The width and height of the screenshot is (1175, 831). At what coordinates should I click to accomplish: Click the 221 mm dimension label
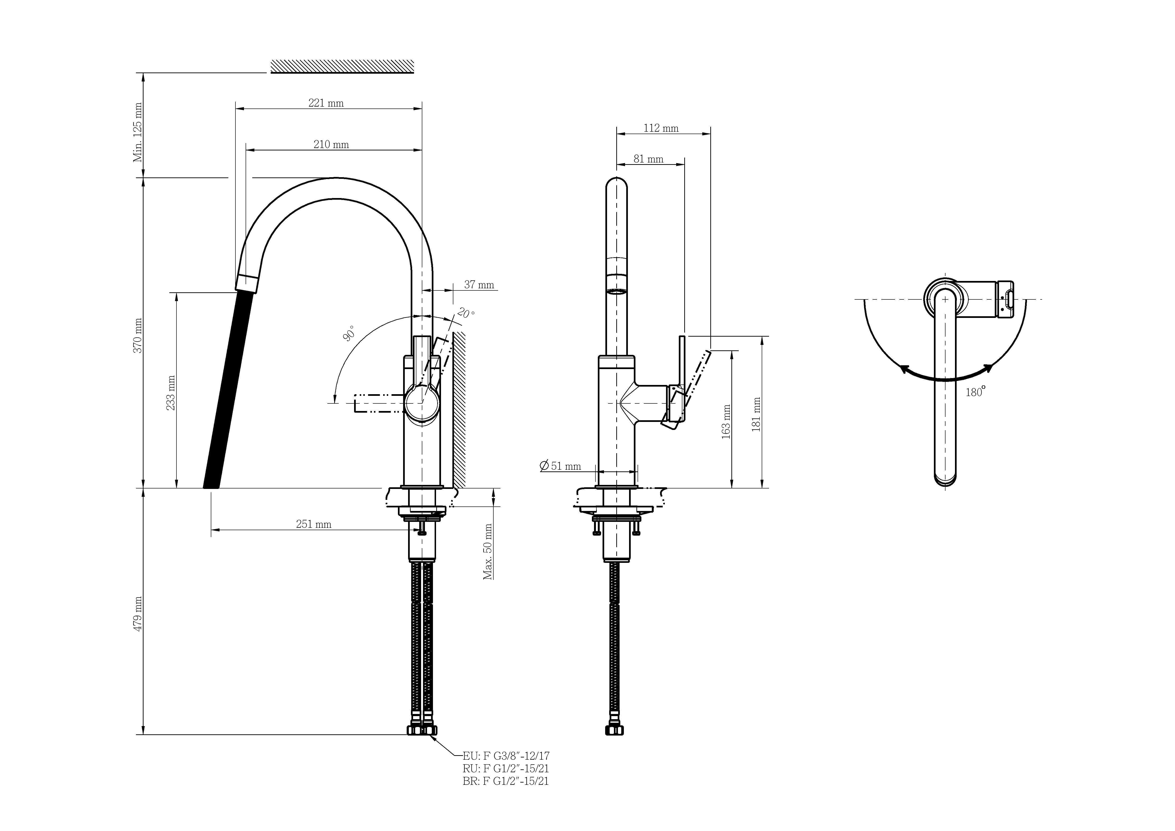(326, 103)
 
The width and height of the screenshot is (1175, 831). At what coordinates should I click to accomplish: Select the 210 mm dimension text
(331, 144)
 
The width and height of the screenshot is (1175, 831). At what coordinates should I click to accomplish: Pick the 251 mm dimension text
(314, 524)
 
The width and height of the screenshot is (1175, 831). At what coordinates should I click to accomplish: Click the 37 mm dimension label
(479, 285)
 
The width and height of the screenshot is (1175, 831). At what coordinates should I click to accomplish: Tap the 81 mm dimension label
(648, 159)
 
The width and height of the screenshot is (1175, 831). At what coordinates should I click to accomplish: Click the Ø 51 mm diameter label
(560, 466)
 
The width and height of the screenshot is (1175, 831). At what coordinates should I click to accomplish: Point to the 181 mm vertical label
(756, 415)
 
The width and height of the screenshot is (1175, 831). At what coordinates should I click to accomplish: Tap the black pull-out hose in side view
(228, 389)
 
